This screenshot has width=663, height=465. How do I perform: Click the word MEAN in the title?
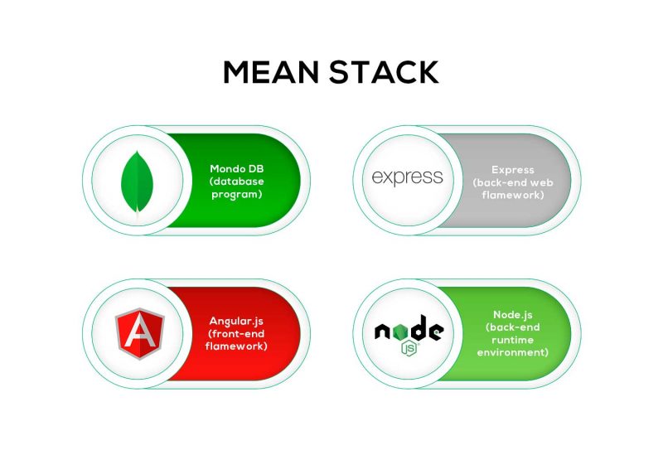[271, 72]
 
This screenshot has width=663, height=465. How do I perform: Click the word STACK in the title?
[384, 72]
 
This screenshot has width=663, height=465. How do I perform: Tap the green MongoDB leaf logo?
[137, 182]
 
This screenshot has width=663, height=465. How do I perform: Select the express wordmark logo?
[407, 177]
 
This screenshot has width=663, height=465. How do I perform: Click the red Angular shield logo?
[139, 334]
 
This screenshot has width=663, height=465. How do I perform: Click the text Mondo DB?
[237, 169]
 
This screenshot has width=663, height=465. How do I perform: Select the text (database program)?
[237, 188]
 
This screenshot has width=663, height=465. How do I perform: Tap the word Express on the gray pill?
[513, 170]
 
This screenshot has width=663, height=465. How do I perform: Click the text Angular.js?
[236, 322]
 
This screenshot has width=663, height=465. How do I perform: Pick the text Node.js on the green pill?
[513, 315]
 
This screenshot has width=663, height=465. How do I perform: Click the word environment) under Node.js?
[513, 352]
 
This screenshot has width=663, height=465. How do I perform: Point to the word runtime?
[512, 341]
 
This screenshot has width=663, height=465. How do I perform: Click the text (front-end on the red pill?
[236, 334]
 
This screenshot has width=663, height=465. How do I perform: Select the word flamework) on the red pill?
[236, 346]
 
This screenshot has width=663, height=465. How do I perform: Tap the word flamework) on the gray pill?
[513, 195]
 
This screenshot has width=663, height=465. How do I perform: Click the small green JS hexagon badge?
[409, 348]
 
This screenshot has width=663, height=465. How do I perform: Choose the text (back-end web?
[513, 182]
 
